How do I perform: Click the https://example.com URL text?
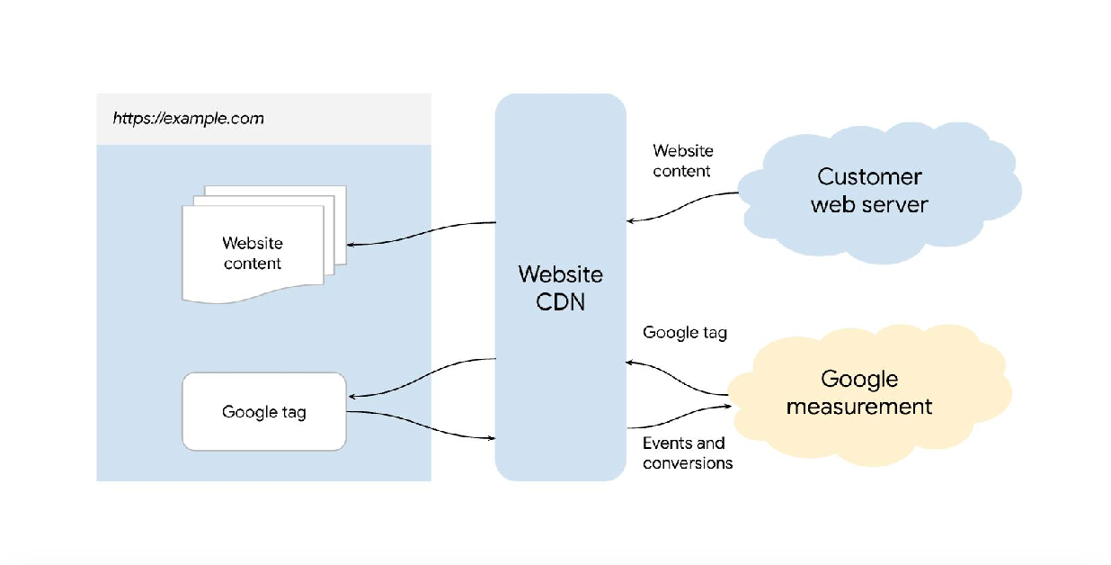188,119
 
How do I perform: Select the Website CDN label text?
560,288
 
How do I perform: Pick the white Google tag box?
263,412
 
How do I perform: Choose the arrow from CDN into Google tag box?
422,378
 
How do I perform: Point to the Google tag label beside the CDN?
684,333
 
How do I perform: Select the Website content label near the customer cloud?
682,161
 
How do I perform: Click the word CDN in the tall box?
560,301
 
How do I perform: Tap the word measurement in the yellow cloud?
859,407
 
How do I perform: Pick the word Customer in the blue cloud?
869,176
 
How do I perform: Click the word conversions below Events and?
688,463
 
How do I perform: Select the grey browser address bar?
263,119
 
